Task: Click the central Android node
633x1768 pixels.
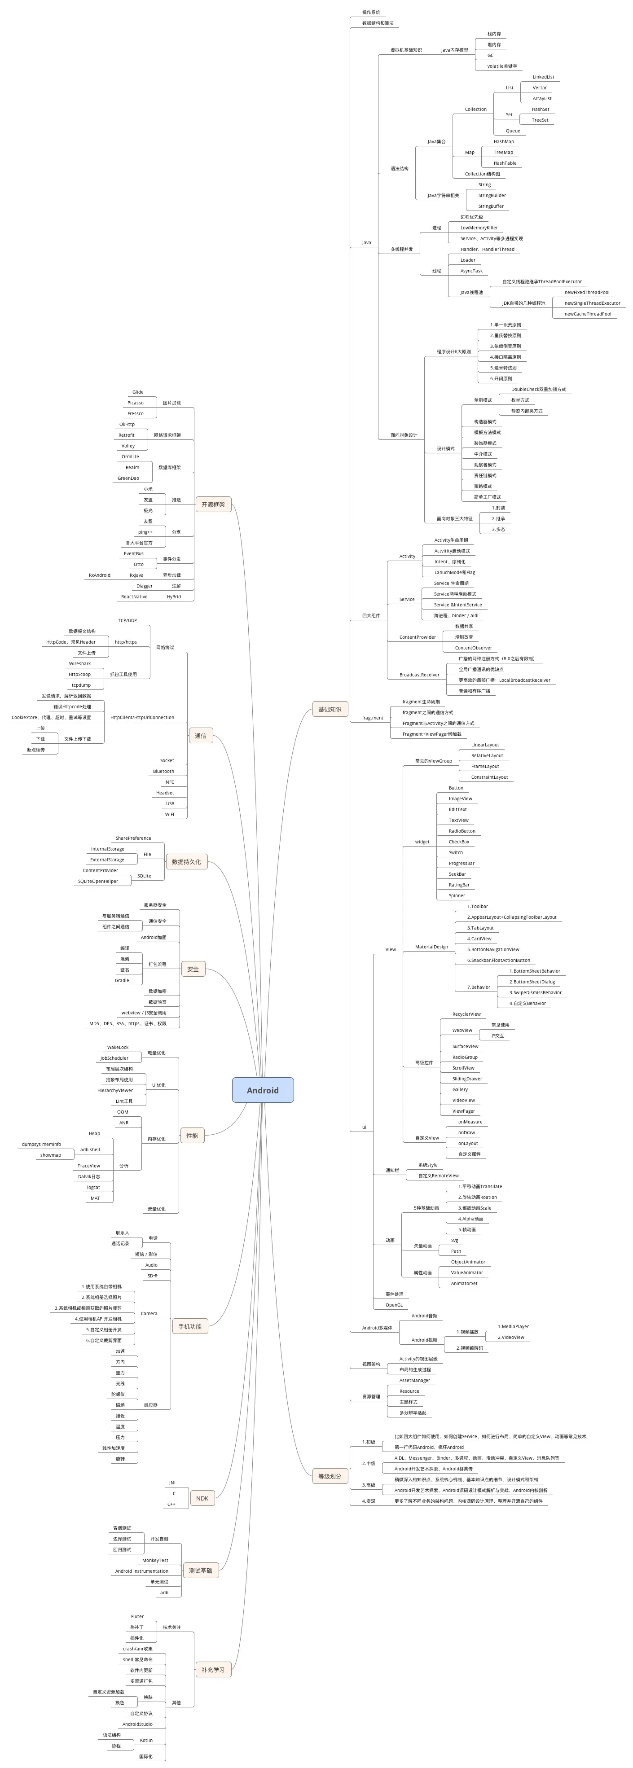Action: pos(263,1090)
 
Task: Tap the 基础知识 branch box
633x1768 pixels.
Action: pos(330,709)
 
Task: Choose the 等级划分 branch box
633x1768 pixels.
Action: pos(330,1476)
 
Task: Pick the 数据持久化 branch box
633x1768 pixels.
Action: pos(186,861)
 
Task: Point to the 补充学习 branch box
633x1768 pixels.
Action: pos(213,1669)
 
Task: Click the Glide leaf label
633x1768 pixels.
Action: pos(138,392)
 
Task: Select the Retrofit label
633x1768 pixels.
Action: pos(126,435)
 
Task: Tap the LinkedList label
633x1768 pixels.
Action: pos(543,77)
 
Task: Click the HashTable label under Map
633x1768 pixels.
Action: pos(505,163)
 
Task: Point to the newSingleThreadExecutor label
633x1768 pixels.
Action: pos(592,303)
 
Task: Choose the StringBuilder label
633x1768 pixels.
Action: pos(492,196)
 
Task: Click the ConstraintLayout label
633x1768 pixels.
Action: pos(489,777)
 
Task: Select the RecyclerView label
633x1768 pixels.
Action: pos(466,1014)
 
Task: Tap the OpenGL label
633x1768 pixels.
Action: pos(394,1305)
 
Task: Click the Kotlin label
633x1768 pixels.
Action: pos(146,1740)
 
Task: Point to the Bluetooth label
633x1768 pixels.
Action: pos(163,772)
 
